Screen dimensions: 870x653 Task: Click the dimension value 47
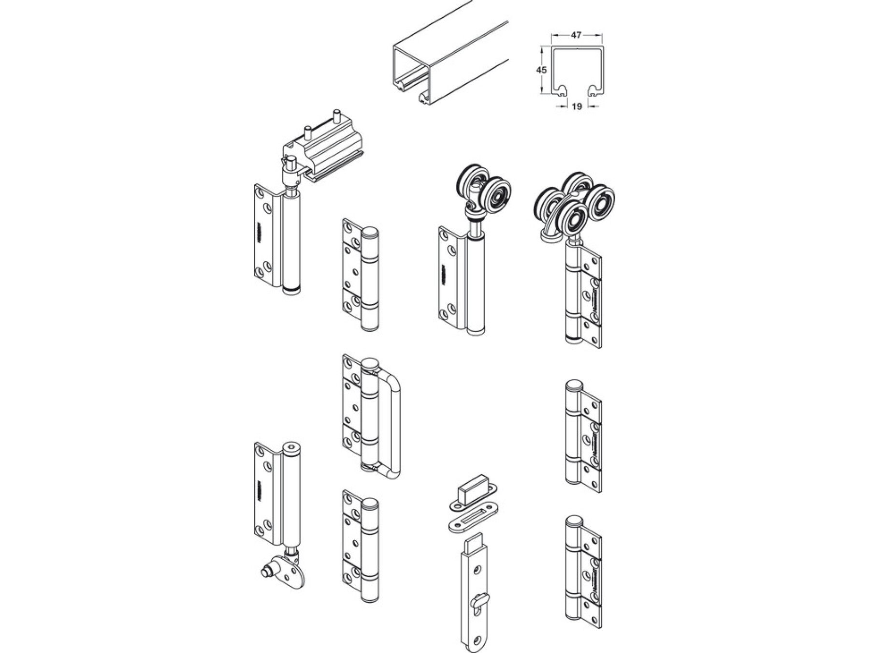[x=576, y=35]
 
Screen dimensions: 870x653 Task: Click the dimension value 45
[x=541, y=70]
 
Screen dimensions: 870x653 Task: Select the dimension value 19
[x=577, y=106]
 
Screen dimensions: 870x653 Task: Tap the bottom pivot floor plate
[x=287, y=573]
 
